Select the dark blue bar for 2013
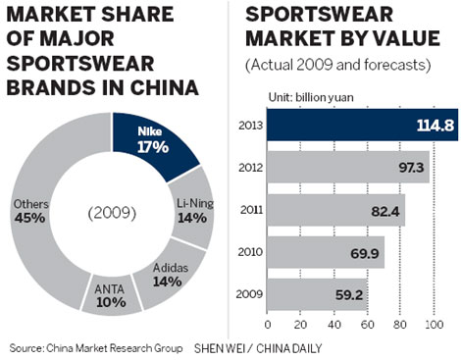(343, 125)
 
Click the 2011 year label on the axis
(249, 210)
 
